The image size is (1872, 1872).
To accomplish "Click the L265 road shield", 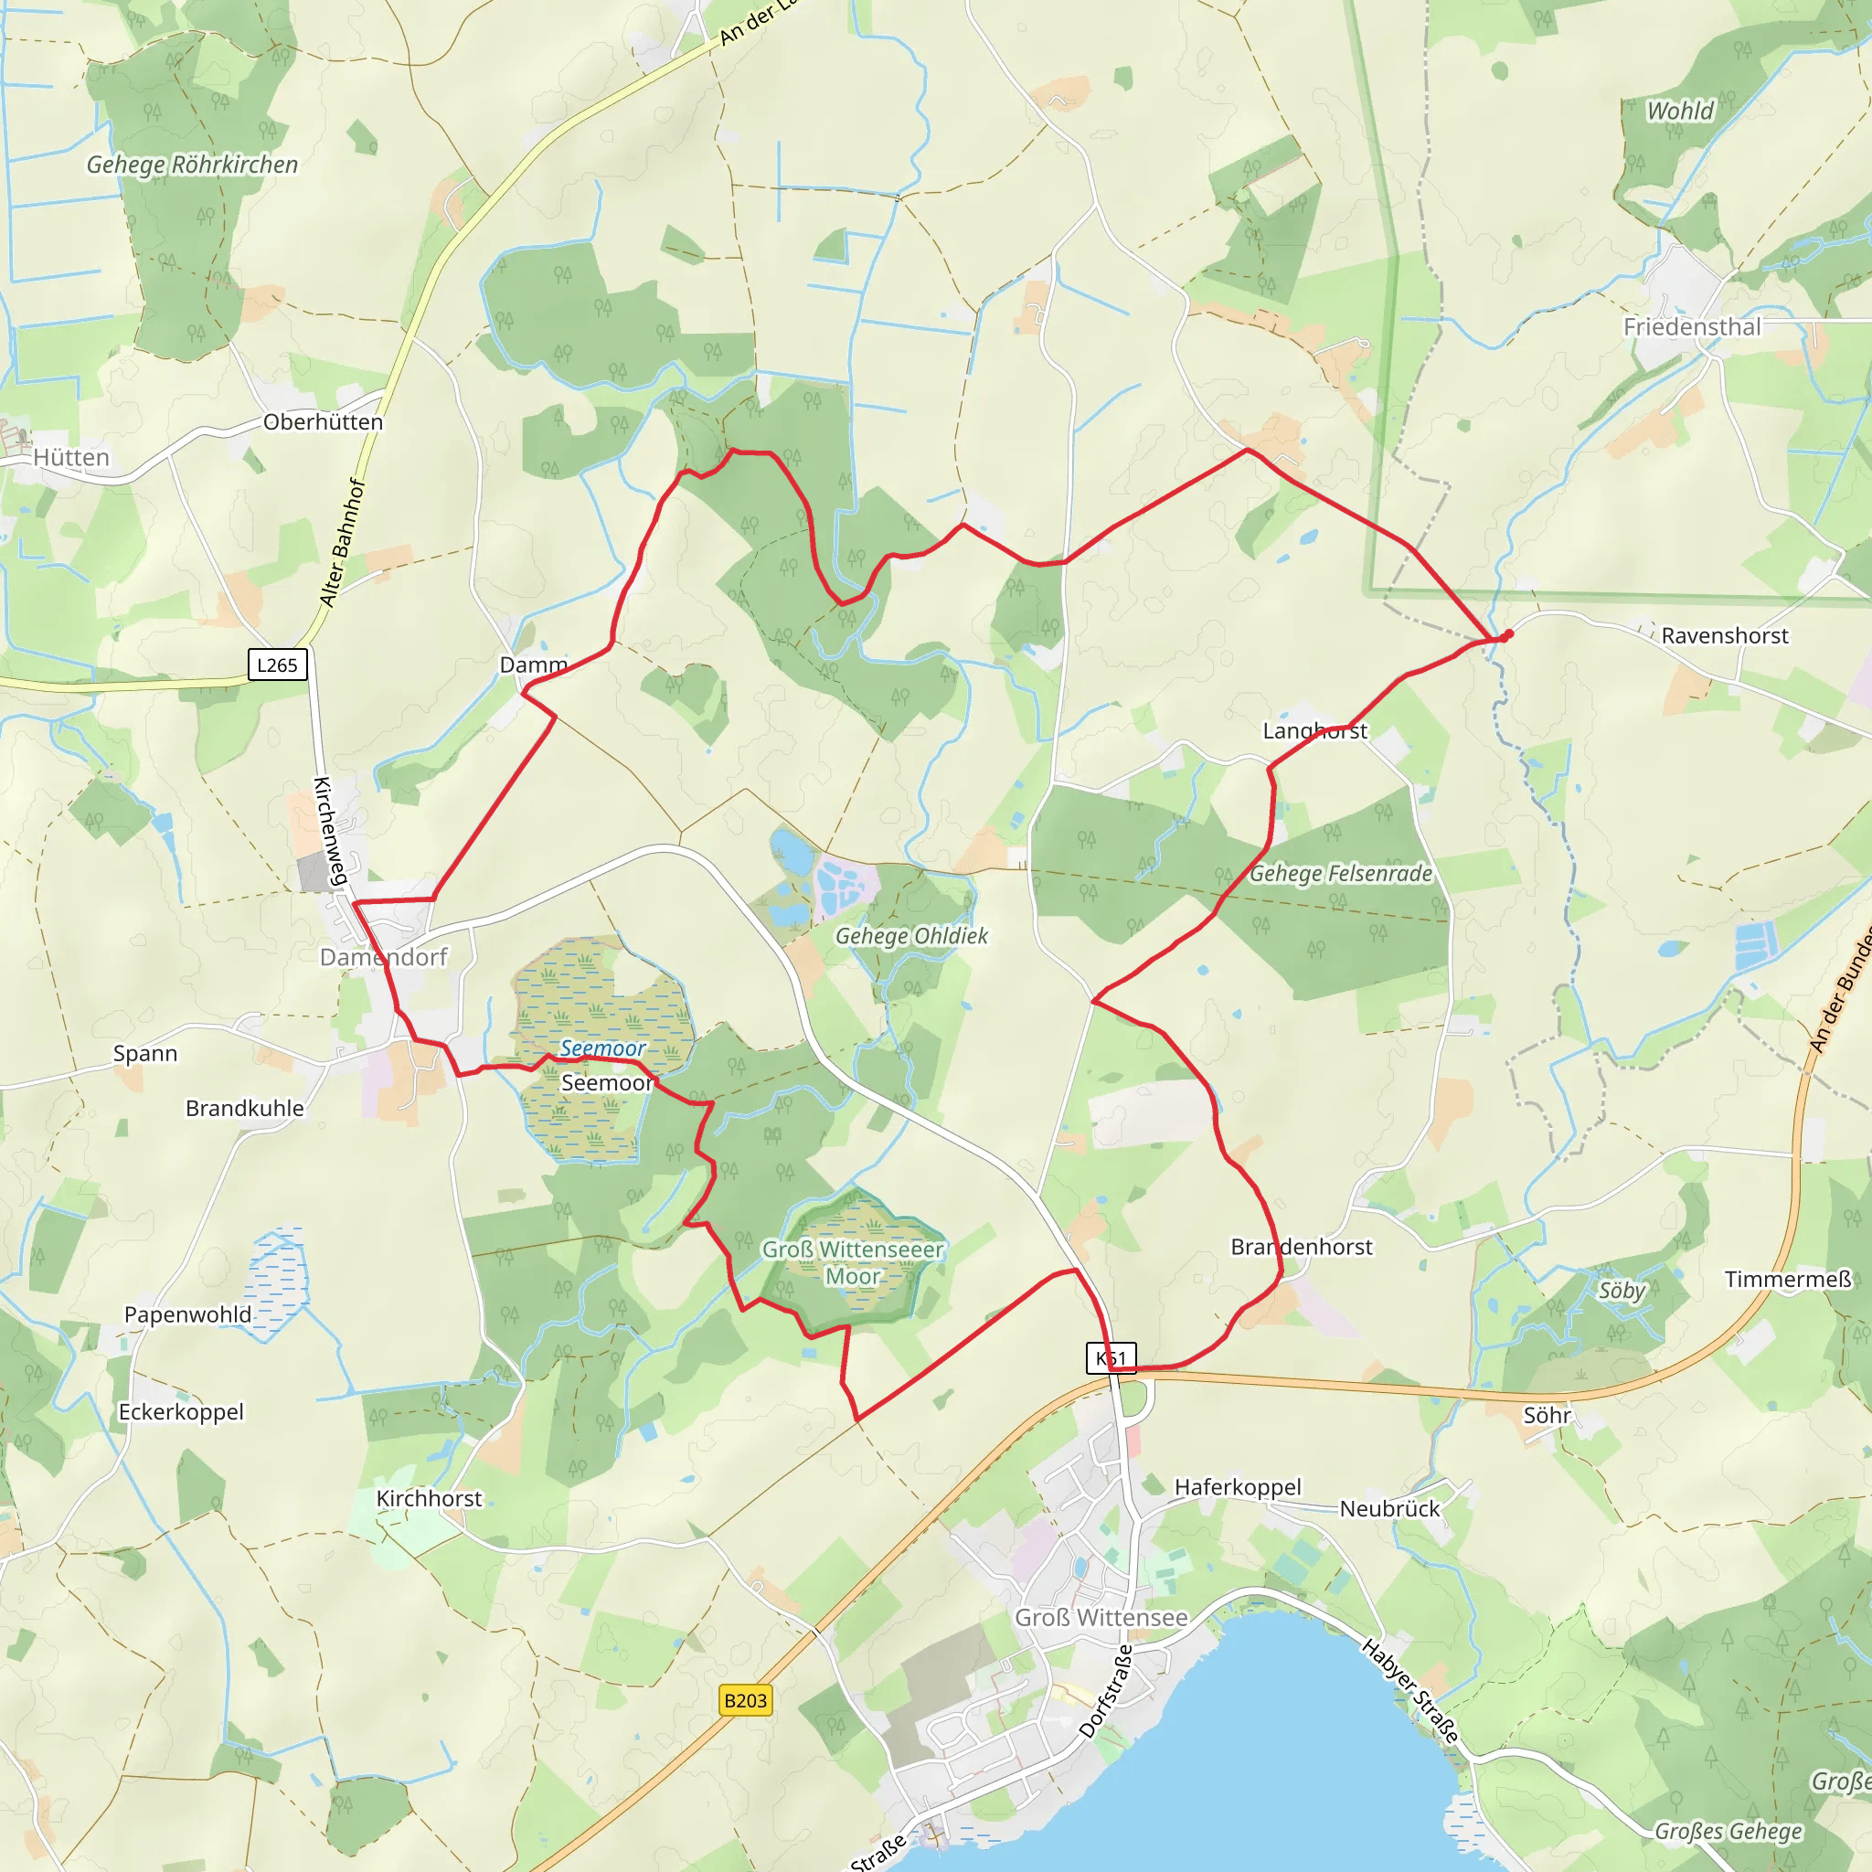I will pyautogui.click(x=277, y=665).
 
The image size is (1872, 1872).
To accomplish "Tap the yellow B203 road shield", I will pyautogui.click(x=745, y=1699).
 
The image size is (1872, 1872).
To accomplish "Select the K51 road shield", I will pyautogui.click(x=1111, y=1357).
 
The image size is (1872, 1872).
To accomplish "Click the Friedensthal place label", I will pyautogui.click(x=1692, y=326).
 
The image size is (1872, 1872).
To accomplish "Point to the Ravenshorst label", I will pyautogui.click(x=1725, y=635).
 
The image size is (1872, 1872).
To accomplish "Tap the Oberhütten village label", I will pyautogui.click(x=323, y=422).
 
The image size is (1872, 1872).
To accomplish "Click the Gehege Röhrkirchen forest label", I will pyautogui.click(x=192, y=165).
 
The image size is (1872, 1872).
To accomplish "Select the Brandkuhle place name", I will pyautogui.click(x=244, y=1109).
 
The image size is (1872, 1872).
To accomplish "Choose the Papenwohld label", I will pyautogui.click(x=188, y=1314).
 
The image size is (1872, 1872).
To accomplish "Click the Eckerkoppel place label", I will pyautogui.click(x=181, y=1411).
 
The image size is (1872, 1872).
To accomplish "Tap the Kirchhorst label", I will pyautogui.click(x=429, y=1498).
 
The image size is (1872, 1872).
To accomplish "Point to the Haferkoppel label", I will pyautogui.click(x=1238, y=1487).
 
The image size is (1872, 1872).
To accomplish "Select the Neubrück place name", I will pyautogui.click(x=1389, y=1508).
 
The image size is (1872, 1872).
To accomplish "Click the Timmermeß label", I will pyautogui.click(x=1788, y=1279).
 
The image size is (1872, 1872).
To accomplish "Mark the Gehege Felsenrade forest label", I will pyautogui.click(x=1340, y=874).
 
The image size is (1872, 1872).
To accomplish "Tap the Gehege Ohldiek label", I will pyautogui.click(x=911, y=936).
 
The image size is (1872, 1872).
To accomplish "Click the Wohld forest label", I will pyautogui.click(x=1680, y=111).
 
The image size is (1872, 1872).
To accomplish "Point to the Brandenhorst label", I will pyautogui.click(x=1302, y=1247).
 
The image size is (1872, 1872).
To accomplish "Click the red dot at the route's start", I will pyautogui.click(x=1507, y=634).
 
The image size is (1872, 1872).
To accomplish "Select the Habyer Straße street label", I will pyautogui.click(x=1409, y=1691).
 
